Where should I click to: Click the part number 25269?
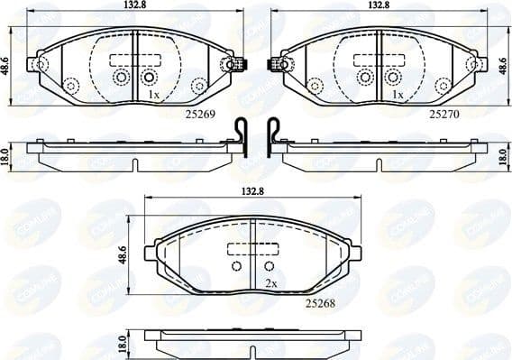pyautogui.click(x=203, y=115)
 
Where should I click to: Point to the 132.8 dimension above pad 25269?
pyautogui.click(x=133, y=5)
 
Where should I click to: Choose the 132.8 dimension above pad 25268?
pyautogui.click(x=252, y=192)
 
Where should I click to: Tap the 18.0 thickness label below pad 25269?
pyautogui.click(x=6, y=154)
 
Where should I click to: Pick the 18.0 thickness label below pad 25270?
pyautogui.click(x=503, y=155)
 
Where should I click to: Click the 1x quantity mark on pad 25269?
pyautogui.click(x=153, y=94)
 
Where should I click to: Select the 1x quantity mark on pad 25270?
pyautogui.click(x=398, y=94)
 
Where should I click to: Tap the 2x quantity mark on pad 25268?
pyautogui.click(x=270, y=282)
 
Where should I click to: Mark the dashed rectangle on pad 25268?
pyautogui.click(x=253, y=249)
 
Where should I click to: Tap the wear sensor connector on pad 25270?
pyautogui.click(x=276, y=64)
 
